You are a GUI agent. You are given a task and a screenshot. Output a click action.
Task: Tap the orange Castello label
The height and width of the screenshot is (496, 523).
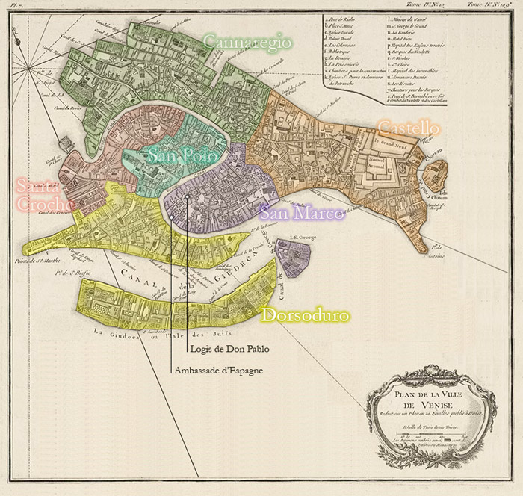tap(408, 127)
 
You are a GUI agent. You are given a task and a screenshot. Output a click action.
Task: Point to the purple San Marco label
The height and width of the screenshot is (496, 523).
tap(301, 214)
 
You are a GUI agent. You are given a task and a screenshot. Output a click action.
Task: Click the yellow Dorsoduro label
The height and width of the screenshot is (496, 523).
tap(304, 316)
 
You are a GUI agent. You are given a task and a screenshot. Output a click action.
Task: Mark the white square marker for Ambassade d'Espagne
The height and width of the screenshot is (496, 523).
tap(171, 217)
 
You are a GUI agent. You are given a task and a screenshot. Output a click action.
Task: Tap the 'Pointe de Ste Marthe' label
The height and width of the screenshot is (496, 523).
tap(37, 261)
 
